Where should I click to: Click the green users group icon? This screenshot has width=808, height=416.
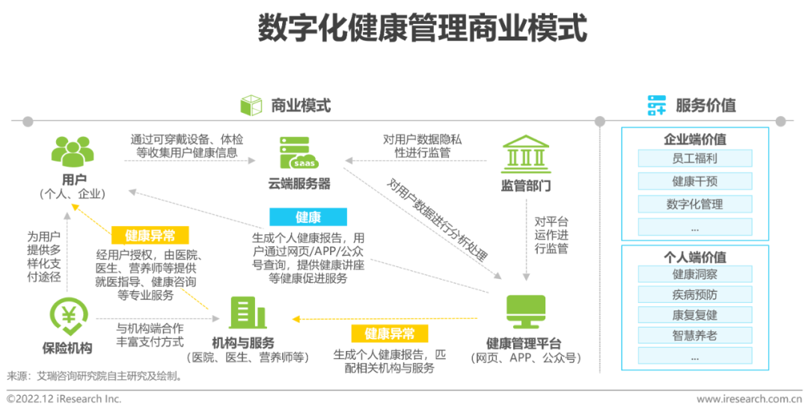[73, 151]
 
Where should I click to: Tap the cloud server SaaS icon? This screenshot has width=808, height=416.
[298, 153]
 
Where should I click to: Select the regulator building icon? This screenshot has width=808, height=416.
[524, 153]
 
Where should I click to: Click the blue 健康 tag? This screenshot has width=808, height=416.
[308, 218]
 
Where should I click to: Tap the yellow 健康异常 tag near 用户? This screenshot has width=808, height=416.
[150, 236]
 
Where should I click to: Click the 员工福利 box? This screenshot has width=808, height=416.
[694, 159]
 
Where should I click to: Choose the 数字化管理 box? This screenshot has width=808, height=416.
[694, 204]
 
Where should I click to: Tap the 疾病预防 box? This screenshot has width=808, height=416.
[694, 295]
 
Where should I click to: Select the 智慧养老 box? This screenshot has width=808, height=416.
[694, 335]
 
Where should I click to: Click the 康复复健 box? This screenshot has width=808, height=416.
[694, 315]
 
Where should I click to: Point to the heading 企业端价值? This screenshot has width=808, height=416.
[694, 139]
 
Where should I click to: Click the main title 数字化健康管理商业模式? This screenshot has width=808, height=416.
[422, 28]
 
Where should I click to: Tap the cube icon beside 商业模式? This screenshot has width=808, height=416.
[251, 105]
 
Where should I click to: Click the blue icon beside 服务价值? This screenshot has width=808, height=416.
[656, 105]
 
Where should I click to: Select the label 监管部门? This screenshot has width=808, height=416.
[525, 186]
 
